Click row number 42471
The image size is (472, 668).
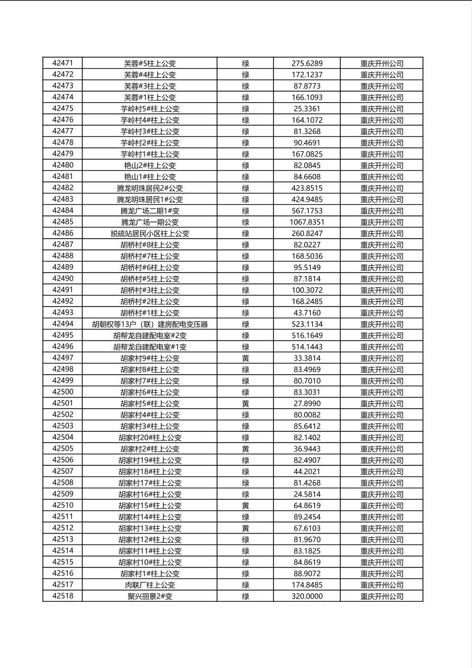point(62,64)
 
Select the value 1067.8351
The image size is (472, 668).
point(307,222)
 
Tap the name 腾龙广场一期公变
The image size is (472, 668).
point(150,222)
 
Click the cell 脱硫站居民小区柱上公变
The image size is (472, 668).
point(150,233)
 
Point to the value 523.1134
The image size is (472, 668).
point(307,324)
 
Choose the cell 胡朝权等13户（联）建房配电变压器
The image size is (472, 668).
point(150,324)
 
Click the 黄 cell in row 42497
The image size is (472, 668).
point(246,358)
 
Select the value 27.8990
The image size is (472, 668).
point(307,404)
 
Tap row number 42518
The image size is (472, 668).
point(62,596)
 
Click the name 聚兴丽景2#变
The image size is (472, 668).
point(150,597)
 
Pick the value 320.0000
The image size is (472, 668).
point(307,597)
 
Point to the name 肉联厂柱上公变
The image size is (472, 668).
point(150,585)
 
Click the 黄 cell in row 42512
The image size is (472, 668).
point(246,528)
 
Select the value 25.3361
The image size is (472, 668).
point(307,109)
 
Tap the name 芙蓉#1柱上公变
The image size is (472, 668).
point(150,97)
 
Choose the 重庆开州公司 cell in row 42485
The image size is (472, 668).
point(382,222)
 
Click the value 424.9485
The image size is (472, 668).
point(307,200)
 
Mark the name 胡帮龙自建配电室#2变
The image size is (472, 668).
point(150,336)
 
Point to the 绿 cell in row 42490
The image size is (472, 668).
point(246,279)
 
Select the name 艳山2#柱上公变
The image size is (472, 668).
point(150,166)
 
